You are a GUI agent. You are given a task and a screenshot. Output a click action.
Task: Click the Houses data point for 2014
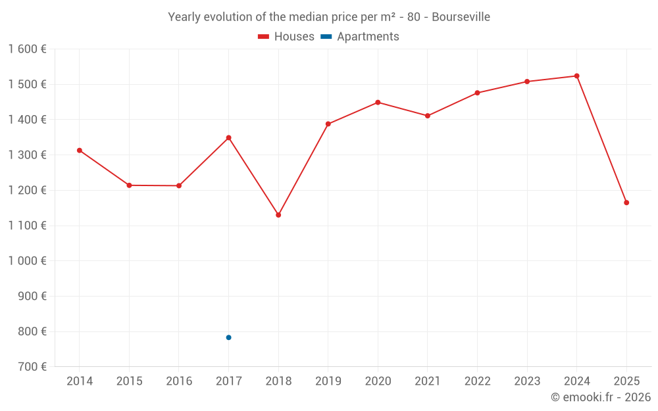[80, 151]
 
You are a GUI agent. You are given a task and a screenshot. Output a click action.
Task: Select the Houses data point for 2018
[278, 215]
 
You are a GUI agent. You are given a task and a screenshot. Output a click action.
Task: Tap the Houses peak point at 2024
[577, 76]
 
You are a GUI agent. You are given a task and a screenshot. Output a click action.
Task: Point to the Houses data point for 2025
[626, 203]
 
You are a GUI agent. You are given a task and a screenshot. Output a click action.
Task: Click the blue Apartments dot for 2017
[229, 337]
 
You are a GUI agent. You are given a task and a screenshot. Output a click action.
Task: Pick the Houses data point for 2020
[378, 103]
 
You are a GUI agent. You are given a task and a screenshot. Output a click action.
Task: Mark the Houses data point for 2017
[229, 138]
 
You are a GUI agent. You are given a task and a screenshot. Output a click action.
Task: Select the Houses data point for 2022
[478, 93]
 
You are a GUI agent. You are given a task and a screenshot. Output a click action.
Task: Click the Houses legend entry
[286, 37]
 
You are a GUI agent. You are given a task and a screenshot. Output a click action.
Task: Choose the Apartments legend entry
[360, 37]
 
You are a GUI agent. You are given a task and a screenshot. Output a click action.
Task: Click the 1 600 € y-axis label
[27, 49]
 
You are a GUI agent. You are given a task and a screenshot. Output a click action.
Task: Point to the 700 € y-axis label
[32, 367]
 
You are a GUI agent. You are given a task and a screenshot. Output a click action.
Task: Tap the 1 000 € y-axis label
[27, 261]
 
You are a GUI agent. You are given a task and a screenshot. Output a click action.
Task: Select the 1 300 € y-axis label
[27, 155]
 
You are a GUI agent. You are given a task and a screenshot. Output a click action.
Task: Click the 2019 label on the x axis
[328, 381]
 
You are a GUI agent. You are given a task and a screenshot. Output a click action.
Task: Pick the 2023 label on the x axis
[527, 381]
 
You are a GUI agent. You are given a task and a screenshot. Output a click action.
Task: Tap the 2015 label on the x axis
[129, 381]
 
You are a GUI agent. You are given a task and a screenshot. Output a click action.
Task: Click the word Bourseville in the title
[461, 17]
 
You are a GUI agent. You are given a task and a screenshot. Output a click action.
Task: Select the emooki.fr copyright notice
[600, 397]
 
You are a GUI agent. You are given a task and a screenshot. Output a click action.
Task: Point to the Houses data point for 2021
[428, 116]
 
